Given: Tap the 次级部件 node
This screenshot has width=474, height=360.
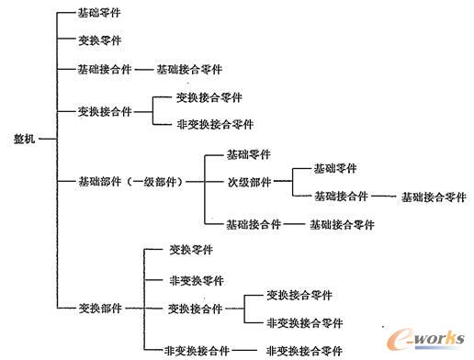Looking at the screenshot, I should (x=249, y=182).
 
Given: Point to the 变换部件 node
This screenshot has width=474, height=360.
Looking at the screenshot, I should (x=99, y=308).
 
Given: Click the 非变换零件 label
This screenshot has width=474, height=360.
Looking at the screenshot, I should (x=196, y=280).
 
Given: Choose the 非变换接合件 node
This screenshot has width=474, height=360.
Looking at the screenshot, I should (x=196, y=350).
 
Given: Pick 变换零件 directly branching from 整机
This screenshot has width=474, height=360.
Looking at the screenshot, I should (x=101, y=41).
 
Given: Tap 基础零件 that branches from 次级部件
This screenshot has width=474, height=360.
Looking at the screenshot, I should (x=336, y=168).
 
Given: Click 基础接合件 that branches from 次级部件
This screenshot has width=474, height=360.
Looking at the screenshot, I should (x=340, y=197).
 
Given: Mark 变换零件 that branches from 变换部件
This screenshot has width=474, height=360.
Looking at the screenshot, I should (x=191, y=250).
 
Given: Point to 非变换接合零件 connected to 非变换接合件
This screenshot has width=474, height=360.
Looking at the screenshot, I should (x=303, y=350).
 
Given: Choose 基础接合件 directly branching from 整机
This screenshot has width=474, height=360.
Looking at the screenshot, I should (x=106, y=69).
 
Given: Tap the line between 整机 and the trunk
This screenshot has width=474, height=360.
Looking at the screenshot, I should (x=49, y=139).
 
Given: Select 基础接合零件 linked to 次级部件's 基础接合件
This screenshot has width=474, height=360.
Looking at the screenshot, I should (x=433, y=197).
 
